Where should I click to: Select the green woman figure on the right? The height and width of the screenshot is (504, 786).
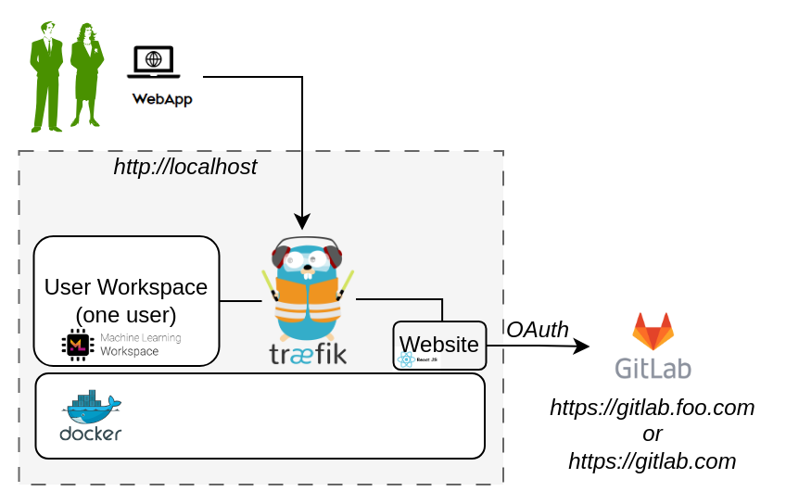87,74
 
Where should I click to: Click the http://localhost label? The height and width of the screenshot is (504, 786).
184,168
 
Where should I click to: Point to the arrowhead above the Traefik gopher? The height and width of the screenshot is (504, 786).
302,220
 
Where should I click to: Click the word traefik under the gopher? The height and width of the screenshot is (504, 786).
308,354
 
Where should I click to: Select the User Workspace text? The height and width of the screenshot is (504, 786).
126,286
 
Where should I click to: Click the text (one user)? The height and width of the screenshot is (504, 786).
126,313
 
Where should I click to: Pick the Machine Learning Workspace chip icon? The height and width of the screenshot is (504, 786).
78,345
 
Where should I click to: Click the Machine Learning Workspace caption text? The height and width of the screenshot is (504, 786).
140,345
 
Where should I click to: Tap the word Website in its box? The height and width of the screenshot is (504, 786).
439,345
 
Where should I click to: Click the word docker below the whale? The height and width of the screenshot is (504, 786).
91,433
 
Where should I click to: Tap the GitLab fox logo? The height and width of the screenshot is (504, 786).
653,332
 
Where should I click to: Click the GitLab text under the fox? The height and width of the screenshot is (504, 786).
653,367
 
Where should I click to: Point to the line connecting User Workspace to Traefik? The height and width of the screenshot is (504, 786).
241,300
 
